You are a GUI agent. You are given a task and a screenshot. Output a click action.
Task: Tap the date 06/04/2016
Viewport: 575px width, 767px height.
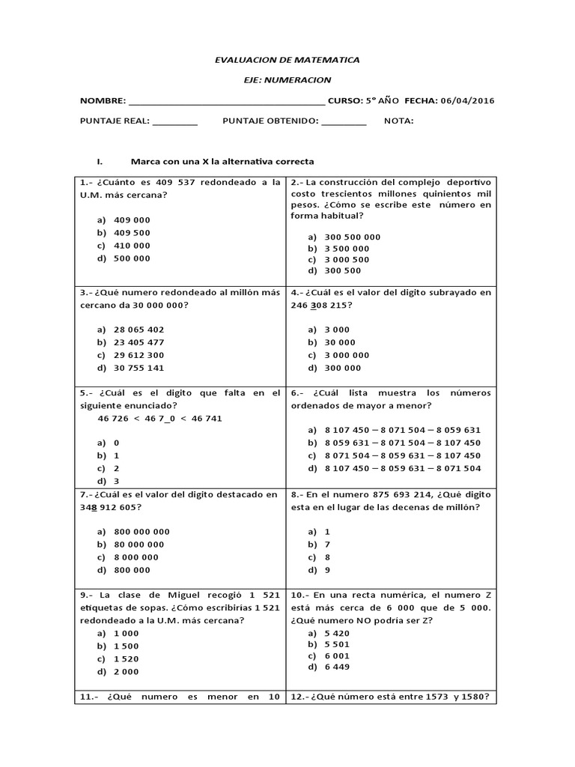coord(467,101)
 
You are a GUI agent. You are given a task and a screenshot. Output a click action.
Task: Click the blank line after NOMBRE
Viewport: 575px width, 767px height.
coord(227,103)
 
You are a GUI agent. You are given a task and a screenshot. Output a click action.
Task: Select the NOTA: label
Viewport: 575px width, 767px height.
coord(398,121)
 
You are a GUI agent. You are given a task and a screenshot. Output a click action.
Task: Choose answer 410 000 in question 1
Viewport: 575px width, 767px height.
coord(132,246)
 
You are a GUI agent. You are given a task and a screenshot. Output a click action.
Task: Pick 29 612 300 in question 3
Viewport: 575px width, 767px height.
coord(139,355)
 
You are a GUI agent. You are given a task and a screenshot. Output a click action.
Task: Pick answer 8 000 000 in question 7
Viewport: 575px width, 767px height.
coord(136,557)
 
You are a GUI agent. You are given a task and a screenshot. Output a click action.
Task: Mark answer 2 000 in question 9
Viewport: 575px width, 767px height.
coord(127,672)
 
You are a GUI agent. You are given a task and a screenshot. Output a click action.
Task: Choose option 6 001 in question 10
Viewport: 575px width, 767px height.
coord(337,655)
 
